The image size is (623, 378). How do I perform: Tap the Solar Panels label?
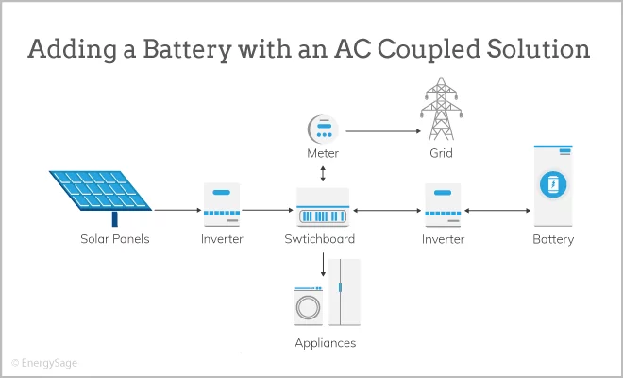114,239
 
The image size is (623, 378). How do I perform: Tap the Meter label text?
323,153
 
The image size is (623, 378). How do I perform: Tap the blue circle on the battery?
552,184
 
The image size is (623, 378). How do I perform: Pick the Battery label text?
552,239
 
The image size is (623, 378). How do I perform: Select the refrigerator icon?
345,291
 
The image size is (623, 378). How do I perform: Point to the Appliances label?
325,342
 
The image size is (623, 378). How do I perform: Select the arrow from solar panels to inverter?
176,209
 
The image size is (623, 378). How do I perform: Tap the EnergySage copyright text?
46,362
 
